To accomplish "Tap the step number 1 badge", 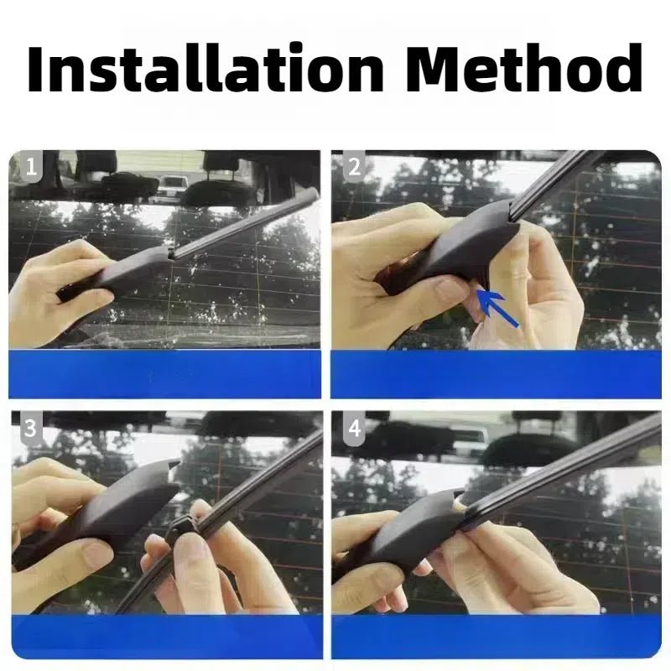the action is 32,166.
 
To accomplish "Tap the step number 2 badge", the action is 354,166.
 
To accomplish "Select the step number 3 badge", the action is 31,429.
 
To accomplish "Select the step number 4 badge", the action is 354,429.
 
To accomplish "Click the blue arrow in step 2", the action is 497,308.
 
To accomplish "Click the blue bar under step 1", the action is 164,374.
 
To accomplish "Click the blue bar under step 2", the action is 496,374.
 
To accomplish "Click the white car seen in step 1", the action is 172,187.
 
